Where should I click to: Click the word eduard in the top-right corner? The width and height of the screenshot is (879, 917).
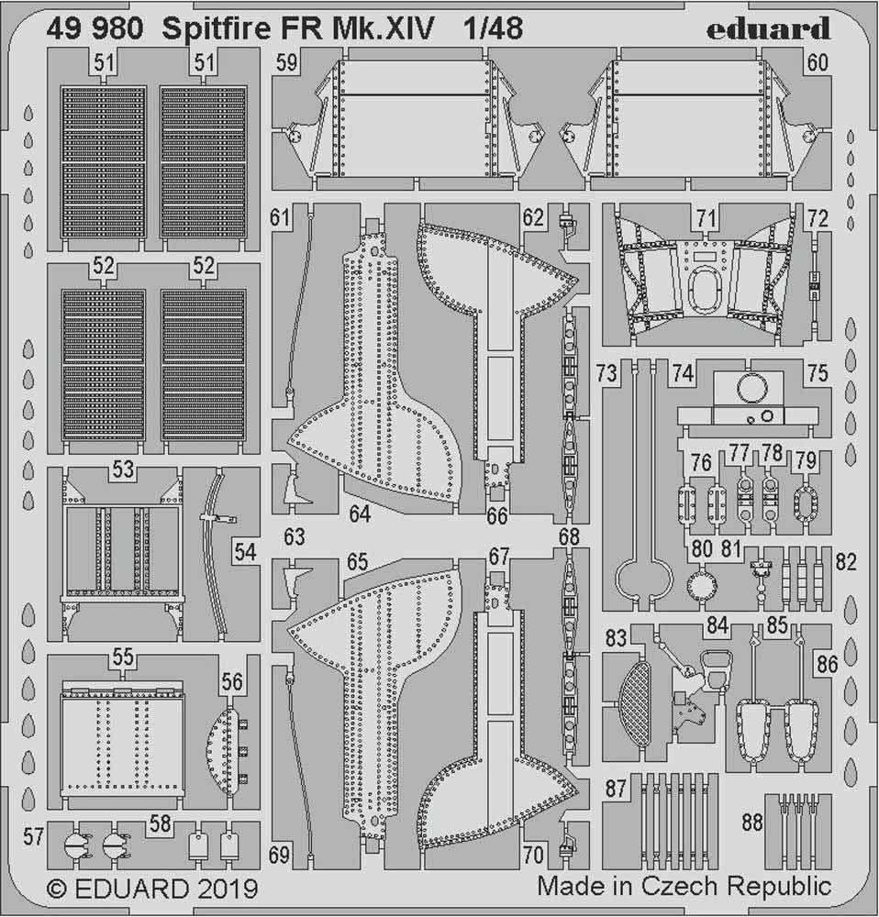pyautogui.click(x=769, y=28)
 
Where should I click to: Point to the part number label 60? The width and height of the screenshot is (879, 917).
pyautogui.click(x=818, y=63)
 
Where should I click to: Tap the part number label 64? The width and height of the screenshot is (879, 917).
pyautogui.click(x=359, y=515)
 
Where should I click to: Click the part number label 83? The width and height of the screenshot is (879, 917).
pyautogui.click(x=616, y=637)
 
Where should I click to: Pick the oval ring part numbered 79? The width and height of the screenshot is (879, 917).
pyautogui.click(x=805, y=502)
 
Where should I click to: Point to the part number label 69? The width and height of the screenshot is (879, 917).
pyautogui.click(x=281, y=856)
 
